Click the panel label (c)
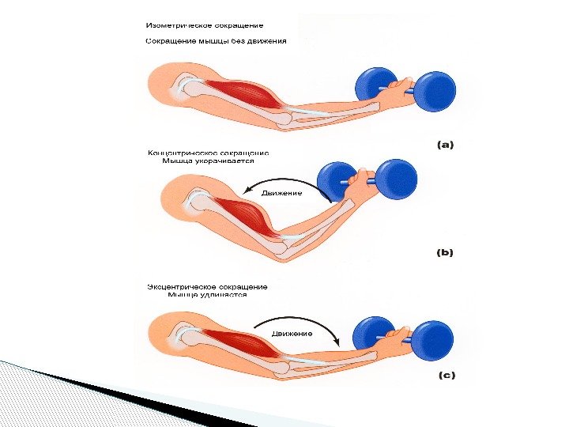point(446,376)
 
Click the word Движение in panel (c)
point(292,334)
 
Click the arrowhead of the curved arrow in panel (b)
point(248,191)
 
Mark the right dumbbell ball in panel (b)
point(396,179)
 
